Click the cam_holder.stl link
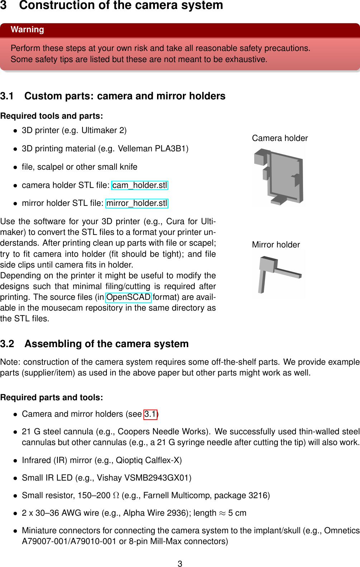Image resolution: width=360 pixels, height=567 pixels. tap(139, 185)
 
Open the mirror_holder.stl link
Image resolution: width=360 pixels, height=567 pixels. tap(137, 203)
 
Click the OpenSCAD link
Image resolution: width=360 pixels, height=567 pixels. tap(128, 297)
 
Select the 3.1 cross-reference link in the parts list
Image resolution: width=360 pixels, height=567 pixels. tap(150, 414)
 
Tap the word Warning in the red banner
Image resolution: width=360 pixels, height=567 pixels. tap(27, 30)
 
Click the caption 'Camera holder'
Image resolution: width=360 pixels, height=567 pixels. tap(280, 138)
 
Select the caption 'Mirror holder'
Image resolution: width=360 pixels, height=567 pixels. tap(276, 245)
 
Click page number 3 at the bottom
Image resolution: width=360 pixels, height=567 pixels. tap(180, 564)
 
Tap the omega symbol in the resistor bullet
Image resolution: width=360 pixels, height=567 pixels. tap(116, 495)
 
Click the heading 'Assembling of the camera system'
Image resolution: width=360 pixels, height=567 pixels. tap(106, 344)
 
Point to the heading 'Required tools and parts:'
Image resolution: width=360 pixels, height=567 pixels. tap(52, 116)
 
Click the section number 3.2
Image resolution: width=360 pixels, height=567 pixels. tap(7, 344)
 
